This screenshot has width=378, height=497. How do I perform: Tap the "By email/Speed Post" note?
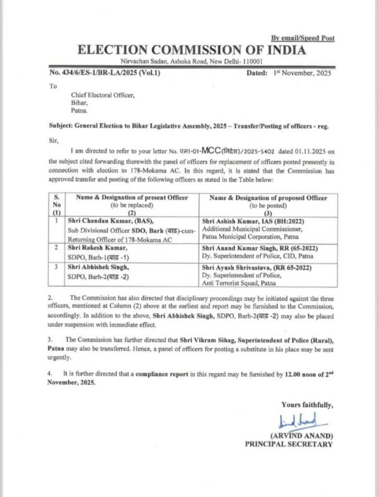(302, 38)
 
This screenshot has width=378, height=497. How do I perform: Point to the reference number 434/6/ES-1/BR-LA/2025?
(104, 73)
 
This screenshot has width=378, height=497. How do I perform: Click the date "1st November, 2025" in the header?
(301, 73)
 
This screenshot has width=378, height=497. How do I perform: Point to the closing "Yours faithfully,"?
(307, 405)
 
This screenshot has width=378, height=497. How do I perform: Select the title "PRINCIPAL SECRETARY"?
(289, 444)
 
